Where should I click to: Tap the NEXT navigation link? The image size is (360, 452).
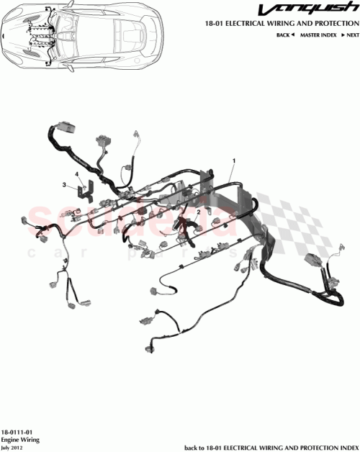(x=351, y=35)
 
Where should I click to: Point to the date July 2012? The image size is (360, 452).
(x=12, y=446)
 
